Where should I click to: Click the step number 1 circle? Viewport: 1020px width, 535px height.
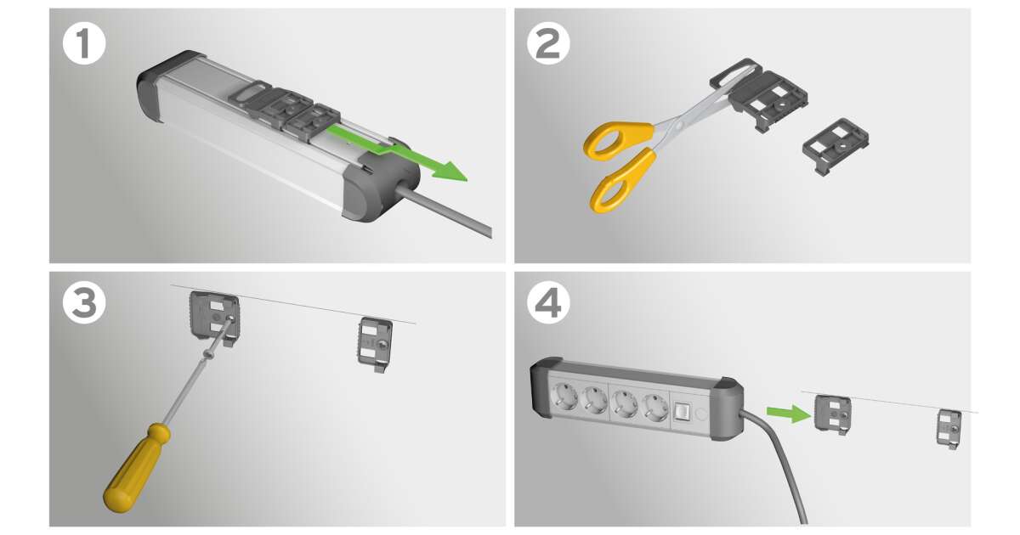(84, 43)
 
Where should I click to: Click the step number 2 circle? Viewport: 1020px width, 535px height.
(548, 43)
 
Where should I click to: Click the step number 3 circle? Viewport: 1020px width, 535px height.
(84, 303)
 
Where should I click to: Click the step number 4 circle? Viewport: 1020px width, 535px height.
(548, 303)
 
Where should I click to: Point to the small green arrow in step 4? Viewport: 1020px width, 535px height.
(788, 414)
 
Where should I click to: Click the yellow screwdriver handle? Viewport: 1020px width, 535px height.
(137, 469)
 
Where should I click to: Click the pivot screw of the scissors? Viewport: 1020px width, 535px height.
(679, 124)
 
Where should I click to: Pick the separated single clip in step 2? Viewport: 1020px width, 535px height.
(835, 146)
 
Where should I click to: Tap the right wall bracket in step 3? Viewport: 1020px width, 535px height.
(375, 345)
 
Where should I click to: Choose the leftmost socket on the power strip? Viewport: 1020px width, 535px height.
(564, 397)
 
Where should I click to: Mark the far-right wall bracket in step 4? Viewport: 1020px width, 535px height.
(949, 430)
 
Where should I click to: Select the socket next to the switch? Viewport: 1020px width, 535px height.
(655, 407)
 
